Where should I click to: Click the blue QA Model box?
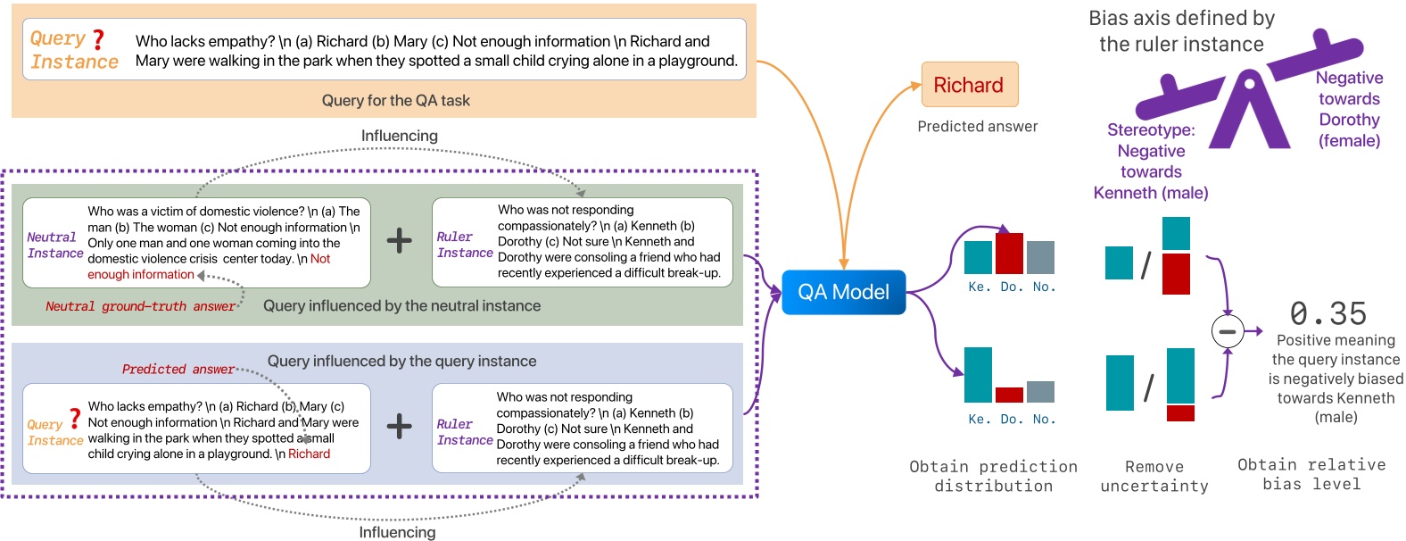coord(843,292)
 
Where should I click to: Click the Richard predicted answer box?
coord(969,85)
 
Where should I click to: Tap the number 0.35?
coord(1327,313)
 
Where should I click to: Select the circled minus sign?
coord(1228,331)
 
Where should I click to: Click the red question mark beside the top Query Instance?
coord(98,40)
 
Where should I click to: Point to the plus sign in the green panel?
coord(399,239)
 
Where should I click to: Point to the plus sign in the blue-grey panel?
coord(399,426)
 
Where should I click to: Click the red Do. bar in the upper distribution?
coord(1009,253)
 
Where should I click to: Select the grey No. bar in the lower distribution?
coord(1040,391)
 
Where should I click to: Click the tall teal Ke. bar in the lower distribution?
coord(978,375)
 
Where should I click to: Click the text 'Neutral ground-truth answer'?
coord(141,306)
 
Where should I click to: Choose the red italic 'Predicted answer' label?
coord(178,369)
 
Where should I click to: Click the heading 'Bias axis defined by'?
coord(1181,19)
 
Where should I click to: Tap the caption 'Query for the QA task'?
coord(395,101)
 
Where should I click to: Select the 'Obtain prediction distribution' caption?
coord(993,476)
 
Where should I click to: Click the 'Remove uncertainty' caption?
coord(1154,476)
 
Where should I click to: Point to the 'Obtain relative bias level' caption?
coord(1311,474)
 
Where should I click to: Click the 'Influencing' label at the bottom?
coord(397,532)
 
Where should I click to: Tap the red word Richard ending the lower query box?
coord(309,454)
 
